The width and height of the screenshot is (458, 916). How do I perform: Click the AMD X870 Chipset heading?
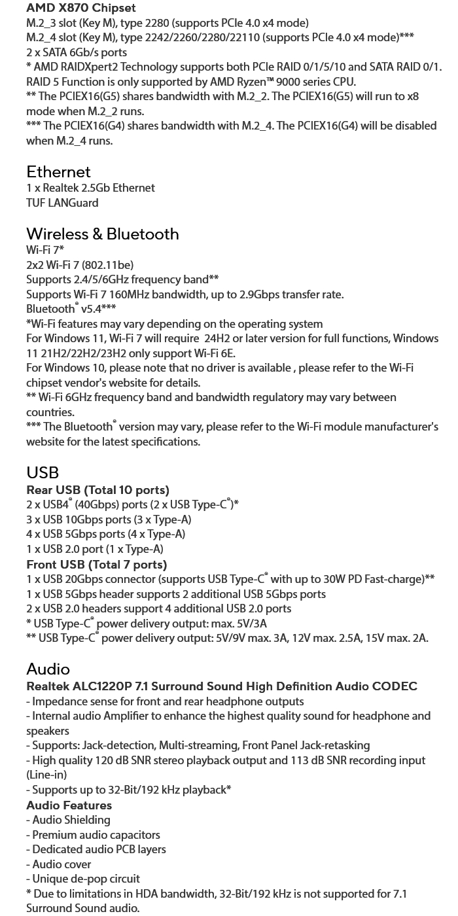(x=80, y=8)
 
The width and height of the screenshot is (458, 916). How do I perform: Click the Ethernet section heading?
(x=58, y=172)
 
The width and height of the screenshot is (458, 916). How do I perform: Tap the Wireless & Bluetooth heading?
(x=102, y=234)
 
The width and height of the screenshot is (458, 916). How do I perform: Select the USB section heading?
(x=43, y=472)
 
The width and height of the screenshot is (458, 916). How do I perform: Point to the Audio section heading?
(x=48, y=669)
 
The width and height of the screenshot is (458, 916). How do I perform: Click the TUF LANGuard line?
(x=62, y=203)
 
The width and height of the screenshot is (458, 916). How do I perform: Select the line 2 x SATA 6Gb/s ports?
(x=77, y=52)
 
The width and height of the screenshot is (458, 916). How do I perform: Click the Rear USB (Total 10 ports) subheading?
(x=97, y=490)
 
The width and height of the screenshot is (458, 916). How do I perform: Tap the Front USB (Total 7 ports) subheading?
(x=96, y=565)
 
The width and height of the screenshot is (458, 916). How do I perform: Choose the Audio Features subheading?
(x=69, y=805)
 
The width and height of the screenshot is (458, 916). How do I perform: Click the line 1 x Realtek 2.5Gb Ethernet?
(x=90, y=188)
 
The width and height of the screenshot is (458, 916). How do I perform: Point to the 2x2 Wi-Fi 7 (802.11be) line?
(x=80, y=265)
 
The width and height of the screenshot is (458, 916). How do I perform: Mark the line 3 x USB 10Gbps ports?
(x=109, y=520)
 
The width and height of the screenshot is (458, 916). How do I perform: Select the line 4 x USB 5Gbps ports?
(x=105, y=534)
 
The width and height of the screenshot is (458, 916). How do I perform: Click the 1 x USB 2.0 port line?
(x=95, y=549)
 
